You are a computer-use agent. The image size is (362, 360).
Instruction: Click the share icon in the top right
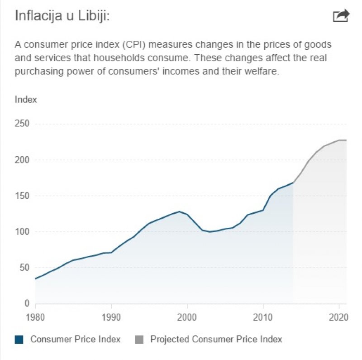341,16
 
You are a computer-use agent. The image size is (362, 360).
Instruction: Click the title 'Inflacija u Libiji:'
63,16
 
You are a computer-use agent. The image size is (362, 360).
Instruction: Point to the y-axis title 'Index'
26,100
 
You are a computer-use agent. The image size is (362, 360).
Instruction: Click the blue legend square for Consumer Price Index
19,339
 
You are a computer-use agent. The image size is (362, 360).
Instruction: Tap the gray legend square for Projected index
139,339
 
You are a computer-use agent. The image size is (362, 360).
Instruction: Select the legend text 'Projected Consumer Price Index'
216,339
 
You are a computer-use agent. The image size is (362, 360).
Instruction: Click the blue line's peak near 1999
180,211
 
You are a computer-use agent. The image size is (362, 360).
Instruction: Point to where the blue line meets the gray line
293,182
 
